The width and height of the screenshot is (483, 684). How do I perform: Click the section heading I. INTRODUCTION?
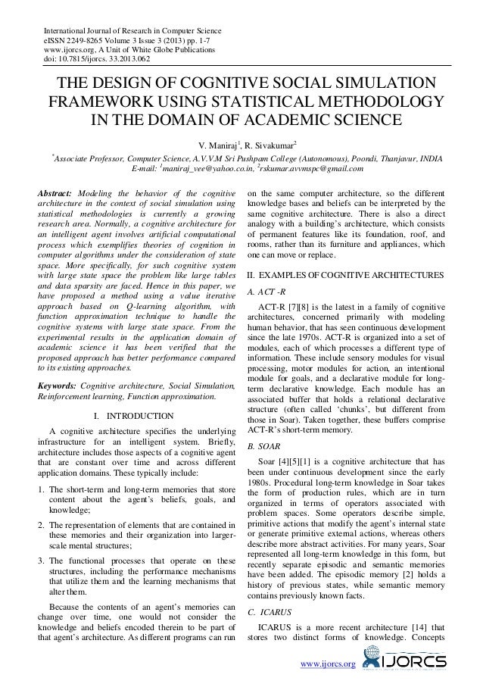click(127, 415)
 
